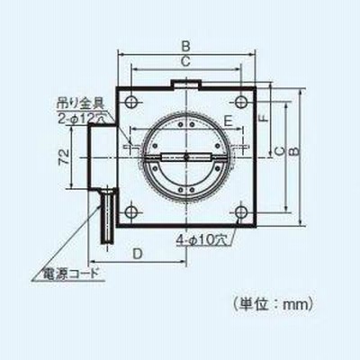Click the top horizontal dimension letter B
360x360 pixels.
pyautogui.click(x=186, y=47)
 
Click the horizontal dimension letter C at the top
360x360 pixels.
pyautogui.click(x=186, y=61)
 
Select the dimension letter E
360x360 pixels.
pyautogui.click(x=229, y=121)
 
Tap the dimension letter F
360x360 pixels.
pyautogui.click(x=264, y=118)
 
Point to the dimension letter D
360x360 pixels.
pyautogui.click(x=138, y=254)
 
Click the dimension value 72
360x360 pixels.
pyautogui.click(x=64, y=156)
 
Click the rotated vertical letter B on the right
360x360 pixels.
pyautogui.click(x=295, y=151)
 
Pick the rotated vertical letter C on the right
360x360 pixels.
pyautogui.click(x=280, y=152)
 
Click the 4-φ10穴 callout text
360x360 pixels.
pyautogui.click(x=202, y=240)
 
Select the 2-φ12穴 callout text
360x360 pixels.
pyautogui.click(x=80, y=119)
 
